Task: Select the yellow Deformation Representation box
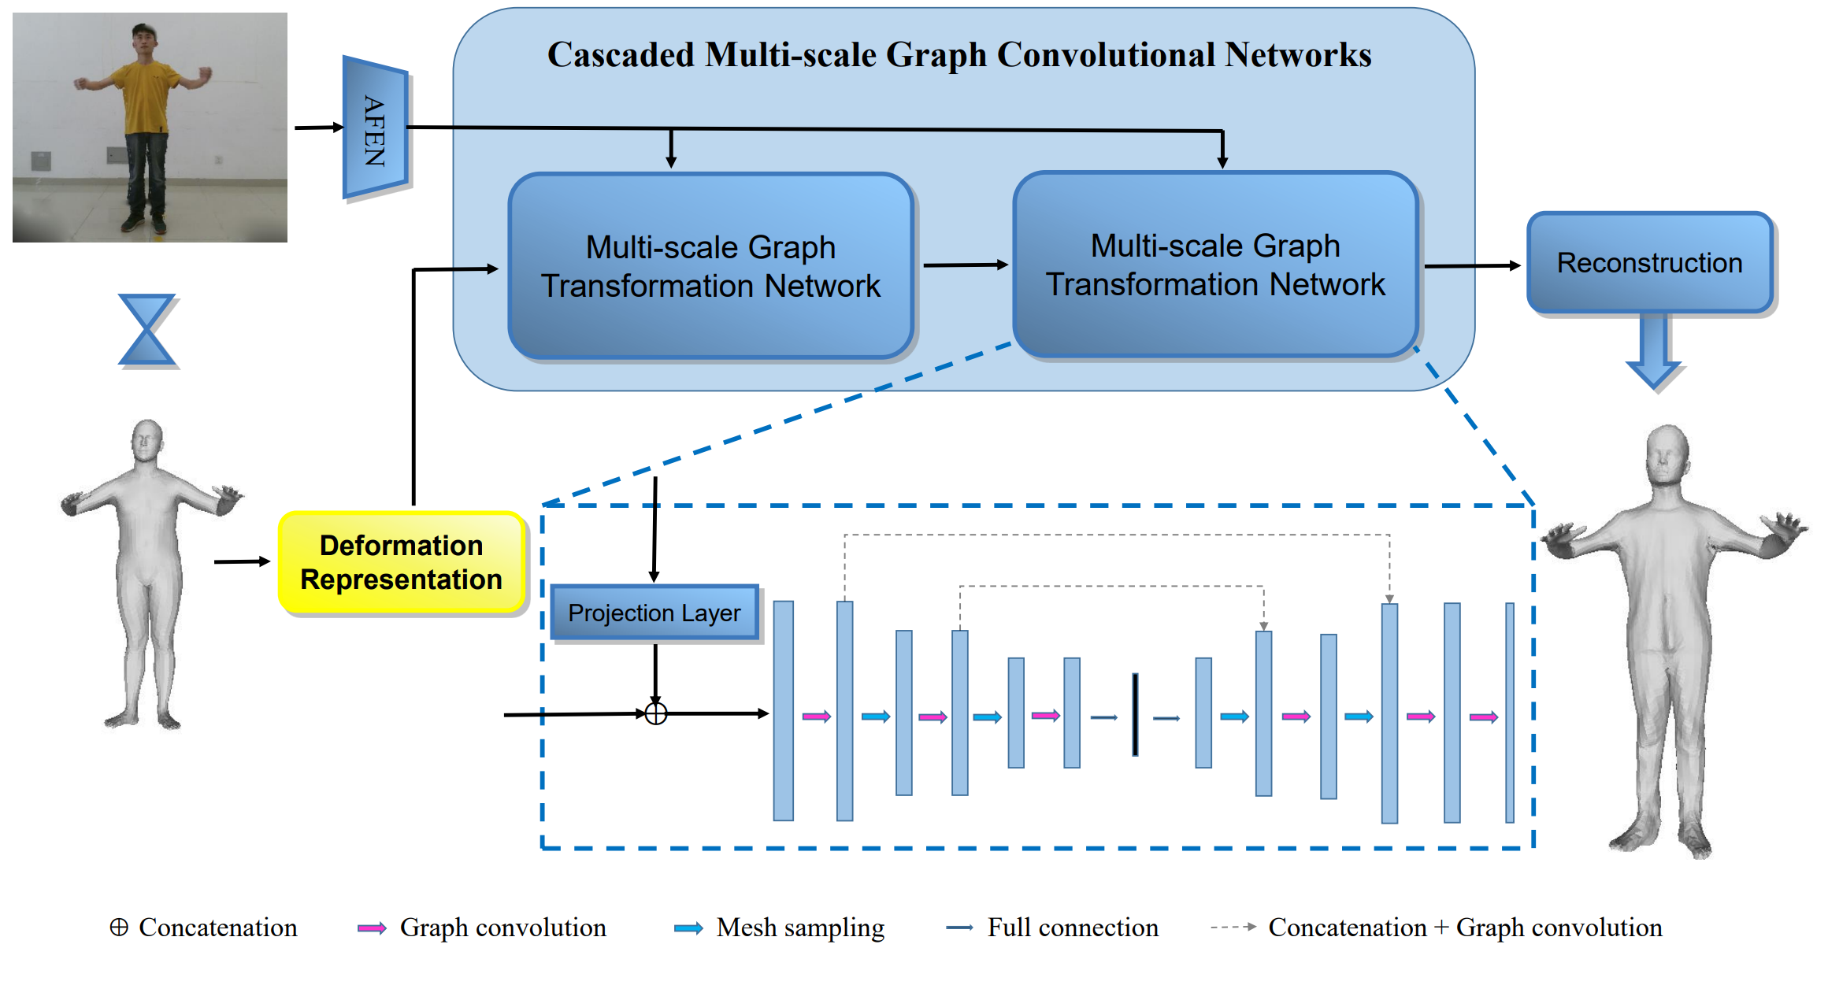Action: [402, 563]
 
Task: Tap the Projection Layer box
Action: [654, 613]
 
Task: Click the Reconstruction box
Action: [1649, 263]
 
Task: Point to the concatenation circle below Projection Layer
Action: [656, 713]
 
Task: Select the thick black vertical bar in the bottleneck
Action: [1135, 714]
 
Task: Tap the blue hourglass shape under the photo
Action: [147, 330]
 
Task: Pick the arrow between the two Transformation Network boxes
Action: [965, 265]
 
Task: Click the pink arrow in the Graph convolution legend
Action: [372, 928]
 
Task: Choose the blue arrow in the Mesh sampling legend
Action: [688, 928]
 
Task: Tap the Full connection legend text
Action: [1073, 928]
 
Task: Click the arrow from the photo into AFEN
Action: [318, 127]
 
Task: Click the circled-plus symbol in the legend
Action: [119, 928]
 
